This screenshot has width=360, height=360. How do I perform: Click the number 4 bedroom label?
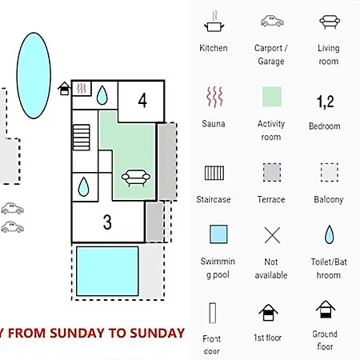(142, 101)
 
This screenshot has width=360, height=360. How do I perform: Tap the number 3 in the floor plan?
(107, 222)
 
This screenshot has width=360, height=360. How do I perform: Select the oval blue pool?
(34, 75)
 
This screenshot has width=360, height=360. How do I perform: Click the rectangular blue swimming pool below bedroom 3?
(107, 271)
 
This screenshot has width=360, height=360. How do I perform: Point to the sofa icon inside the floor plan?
(136, 178)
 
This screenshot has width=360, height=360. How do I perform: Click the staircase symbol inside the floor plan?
(82, 138)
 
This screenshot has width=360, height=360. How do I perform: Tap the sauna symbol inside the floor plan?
(82, 88)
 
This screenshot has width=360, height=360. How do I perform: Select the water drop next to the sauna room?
(102, 95)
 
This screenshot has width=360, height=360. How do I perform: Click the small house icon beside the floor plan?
(64, 89)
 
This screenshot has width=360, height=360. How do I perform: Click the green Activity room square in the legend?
(272, 97)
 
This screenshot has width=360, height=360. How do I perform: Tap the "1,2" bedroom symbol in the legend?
(325, 102)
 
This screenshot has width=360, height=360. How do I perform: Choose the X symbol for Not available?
(272, 235)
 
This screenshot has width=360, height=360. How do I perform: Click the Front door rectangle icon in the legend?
(213, 313)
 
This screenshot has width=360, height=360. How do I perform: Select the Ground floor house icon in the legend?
(326, 310)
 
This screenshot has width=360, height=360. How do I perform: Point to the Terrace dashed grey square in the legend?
(272, 172)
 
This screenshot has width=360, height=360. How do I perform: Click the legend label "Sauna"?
(214, 124)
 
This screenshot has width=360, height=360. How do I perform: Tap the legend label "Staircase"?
(214, 199)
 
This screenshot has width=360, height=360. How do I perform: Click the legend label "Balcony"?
(329, 199)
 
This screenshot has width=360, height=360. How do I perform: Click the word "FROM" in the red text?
(26, 334)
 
